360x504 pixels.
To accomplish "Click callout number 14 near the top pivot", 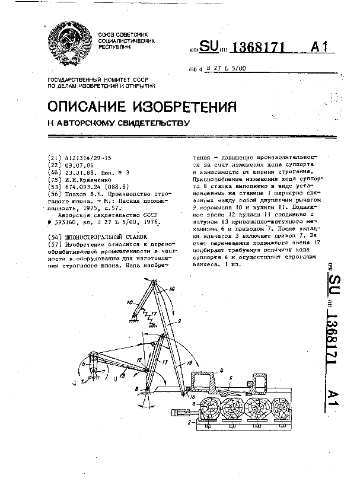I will click(x=172, y=289).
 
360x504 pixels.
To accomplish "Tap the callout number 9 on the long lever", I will click(x=178, y=321).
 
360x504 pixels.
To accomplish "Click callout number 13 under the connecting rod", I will click(x=121, y=375).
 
